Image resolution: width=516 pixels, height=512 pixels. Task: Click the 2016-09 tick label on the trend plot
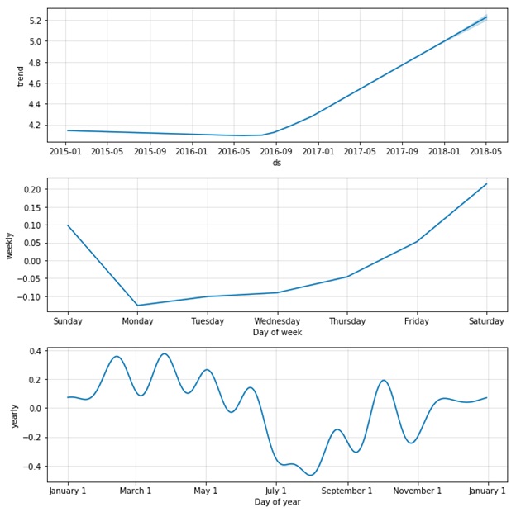point(276,151)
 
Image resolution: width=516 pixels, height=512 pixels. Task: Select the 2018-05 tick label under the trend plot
point(486,151)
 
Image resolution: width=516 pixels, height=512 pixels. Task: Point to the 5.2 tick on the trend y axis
point(34,20)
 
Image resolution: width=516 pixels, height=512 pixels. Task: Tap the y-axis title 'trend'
point(21,76)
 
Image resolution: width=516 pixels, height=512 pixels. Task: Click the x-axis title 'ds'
point(277,162)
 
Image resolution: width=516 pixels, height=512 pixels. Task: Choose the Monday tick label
point(137,321)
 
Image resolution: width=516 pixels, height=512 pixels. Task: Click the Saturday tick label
point(486,321)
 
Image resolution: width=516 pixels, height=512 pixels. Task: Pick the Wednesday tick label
point(277,321)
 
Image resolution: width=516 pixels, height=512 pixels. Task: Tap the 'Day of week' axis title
point(277,332)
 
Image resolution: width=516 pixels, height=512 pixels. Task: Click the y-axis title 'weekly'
point(10,245)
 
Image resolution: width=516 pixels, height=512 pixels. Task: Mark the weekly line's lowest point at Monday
point(137,306)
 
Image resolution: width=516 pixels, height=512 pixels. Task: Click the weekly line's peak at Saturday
point(486,184)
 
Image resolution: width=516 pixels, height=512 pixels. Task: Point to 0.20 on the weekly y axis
point(31,190)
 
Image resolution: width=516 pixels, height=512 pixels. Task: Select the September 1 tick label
point(347,491)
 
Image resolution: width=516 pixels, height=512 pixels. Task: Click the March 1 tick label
point(136,491)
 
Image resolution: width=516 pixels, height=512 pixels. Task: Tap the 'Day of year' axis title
point(277,502)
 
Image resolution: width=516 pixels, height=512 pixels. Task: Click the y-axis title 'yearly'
point(14,415)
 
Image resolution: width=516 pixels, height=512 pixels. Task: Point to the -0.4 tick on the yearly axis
point(32,467)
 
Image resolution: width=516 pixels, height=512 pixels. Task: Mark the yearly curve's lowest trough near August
point(311,475)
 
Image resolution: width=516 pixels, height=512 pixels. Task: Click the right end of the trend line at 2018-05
point(486,17)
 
